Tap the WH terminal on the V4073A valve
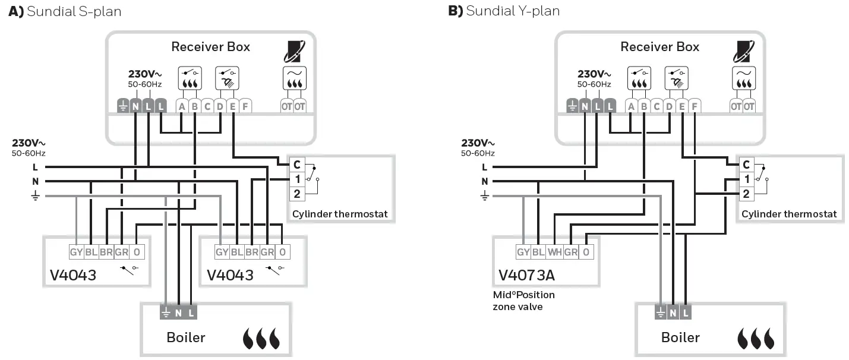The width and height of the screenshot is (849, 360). click(554, 252)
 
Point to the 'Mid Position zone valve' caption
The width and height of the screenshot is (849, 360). click(523, 301)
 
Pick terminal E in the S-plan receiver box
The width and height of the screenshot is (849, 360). click(233, 106)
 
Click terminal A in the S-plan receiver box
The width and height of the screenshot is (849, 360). click(181, 106)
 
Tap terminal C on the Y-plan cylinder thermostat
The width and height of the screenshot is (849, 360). click(746, 165)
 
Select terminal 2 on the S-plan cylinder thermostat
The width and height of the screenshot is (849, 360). click(297, 192)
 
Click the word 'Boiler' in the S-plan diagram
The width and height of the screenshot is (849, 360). click(185, 337)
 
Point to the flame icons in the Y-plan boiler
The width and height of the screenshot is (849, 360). click(756, 338)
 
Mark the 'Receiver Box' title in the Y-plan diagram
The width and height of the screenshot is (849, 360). click(659, 47)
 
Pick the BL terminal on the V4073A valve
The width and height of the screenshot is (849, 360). click(538, 252)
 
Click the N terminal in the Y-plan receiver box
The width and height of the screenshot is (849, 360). click(585, 106)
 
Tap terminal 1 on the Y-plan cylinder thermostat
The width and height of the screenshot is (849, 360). click(746, 178)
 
